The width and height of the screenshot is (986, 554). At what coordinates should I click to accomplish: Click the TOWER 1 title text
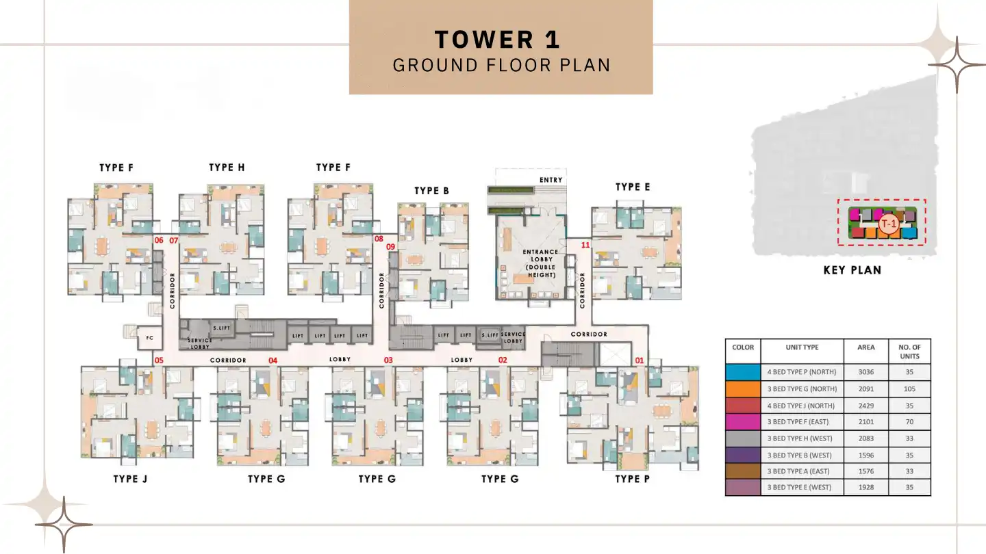coord(498,39)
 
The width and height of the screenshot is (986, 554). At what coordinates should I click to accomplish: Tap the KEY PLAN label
coord(852,270)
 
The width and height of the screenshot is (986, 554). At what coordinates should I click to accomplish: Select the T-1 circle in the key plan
coord(888,224)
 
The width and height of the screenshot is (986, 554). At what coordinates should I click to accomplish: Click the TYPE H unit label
coord(227,168)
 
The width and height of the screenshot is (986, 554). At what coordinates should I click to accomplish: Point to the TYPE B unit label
coord(431,191)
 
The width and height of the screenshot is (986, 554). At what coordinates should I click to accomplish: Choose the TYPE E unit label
coord(633,187)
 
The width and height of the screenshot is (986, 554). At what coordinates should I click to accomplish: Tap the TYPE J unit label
coord(130,479)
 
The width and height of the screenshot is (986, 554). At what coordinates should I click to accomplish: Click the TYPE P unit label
coord(632,479)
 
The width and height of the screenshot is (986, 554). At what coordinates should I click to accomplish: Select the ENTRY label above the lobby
coord(551,180)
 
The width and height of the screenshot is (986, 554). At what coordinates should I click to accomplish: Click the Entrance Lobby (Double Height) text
coord(540,263)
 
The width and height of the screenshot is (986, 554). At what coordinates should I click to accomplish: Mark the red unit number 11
coord(585,244)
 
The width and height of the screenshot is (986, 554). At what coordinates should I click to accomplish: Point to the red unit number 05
coord(159,360)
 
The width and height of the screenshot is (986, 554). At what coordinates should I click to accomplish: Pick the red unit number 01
coord(640,360)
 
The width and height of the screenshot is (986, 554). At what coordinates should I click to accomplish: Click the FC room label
coord(149,337)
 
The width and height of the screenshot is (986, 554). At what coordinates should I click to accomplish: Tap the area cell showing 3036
coord(865,373)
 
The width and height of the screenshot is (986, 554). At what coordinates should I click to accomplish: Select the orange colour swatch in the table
coord(743,389)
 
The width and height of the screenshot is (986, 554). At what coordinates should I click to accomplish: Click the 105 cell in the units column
coord(909,389)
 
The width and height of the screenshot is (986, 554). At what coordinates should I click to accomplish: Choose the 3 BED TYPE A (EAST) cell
coord(801,471)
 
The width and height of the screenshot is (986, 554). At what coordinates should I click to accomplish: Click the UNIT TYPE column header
coord(802,347)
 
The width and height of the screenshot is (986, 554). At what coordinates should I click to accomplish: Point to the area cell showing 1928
coord(865,488)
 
